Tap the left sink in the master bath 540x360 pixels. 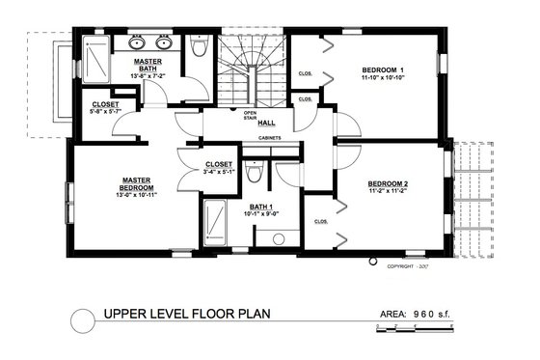134,43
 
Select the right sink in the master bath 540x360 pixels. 164,43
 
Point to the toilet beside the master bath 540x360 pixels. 199,45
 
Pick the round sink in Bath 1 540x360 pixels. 279,236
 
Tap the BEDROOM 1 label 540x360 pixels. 383,70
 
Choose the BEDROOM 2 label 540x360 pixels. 387,183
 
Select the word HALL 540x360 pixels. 266,123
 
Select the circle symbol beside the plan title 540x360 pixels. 85,316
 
